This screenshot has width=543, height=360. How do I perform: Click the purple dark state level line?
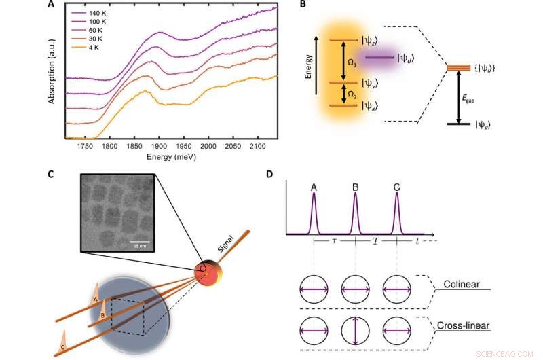point(379,58)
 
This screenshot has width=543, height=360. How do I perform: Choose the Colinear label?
point(460,283)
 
